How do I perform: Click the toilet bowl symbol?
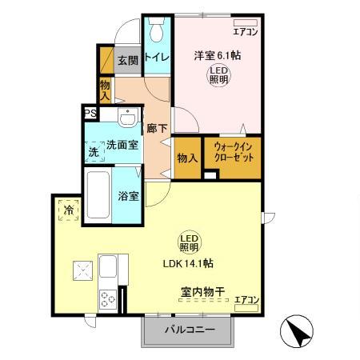coord(157,30)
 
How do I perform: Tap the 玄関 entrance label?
coord(128,61)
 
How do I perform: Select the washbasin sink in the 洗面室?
coord(128,117)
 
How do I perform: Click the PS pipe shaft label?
coord(90,114)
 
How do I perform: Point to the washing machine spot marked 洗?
coord(94,151)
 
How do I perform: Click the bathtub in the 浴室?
coord(98,194)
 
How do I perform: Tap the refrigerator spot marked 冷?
coord(69,210)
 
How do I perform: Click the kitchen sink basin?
coord(108,266)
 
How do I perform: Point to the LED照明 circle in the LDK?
coord(190,242)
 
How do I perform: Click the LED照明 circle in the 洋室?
coord(219,75)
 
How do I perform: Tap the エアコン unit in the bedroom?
coord(246,22)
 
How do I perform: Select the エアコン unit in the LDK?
coord(246,308)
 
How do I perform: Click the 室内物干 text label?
coord(203,292)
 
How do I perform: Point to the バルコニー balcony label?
coord(190,330)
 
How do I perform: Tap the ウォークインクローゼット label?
coord(234,152)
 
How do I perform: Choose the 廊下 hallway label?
coord(157,129)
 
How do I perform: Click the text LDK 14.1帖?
coord(188,264)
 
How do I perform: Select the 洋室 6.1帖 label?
coord(218,55)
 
